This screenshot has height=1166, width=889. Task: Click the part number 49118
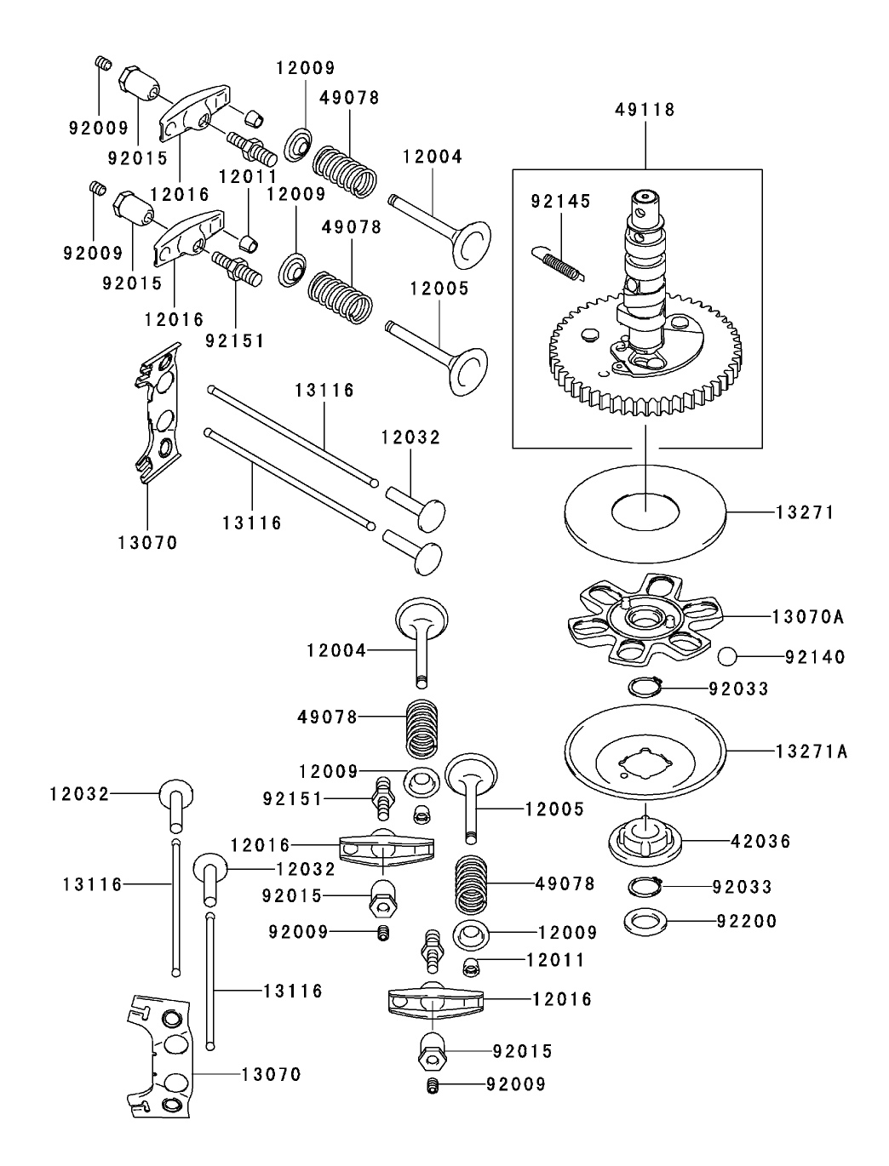point(645,110)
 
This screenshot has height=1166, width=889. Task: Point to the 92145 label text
point(559,202)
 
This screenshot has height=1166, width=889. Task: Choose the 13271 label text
point(805,512)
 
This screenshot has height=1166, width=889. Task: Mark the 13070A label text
point(808,616)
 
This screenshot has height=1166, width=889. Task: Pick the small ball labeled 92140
point(728,657)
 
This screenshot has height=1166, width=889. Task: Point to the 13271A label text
point(811,752)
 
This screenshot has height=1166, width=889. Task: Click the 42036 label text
point(760,842)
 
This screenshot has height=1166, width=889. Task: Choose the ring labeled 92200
point(645,921)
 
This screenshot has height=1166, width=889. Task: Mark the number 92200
point(747,921)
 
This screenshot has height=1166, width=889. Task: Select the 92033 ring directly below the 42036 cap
point(645,887)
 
